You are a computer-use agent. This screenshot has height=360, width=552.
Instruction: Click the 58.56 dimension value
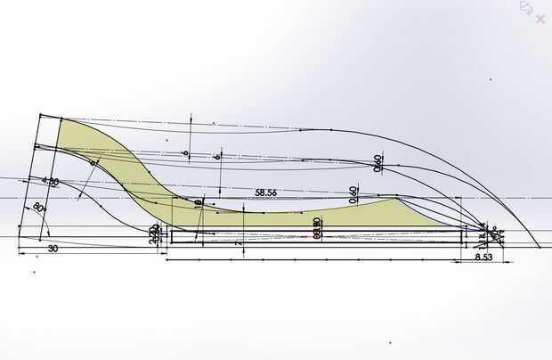(265, 192)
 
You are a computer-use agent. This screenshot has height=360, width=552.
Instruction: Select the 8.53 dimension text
(483, 258)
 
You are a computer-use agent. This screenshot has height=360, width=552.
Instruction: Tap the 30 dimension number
(53, 250)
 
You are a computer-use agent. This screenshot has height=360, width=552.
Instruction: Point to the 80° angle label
(38, 208)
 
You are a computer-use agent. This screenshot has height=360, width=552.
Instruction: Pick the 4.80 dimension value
(49, 181)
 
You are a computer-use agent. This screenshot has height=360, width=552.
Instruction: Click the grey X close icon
(540, 17)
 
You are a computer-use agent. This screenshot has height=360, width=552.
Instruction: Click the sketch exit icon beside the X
(525, 9)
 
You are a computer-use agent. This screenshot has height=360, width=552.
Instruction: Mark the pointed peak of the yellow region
(394, 198)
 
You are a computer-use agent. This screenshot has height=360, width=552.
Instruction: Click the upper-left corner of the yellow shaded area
(61, 118)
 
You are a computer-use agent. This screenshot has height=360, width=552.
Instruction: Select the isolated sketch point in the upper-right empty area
(491, 79)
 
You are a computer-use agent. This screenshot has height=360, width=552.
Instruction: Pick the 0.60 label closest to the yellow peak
(353, 193)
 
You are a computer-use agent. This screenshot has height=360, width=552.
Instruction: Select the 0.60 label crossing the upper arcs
(378, 164)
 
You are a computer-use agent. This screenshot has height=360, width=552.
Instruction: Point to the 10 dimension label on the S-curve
(198, 204)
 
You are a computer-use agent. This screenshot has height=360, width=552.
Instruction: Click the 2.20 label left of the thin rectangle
(154, 235)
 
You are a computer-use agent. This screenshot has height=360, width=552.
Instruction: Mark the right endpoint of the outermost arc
(540, 249)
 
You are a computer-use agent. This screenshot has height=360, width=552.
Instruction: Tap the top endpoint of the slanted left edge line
(39, 114)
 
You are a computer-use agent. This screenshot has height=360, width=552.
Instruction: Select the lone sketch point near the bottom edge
(389, 341)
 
